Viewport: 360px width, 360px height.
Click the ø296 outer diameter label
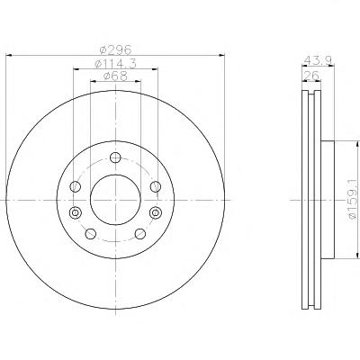[115, 49]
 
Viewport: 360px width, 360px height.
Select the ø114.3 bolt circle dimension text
[115, 64]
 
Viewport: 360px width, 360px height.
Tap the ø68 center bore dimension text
[115, 76]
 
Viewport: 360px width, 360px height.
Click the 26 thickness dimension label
[310, 76]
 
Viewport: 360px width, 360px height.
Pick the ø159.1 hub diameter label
[354, 200]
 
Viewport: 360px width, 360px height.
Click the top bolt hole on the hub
[115, 157]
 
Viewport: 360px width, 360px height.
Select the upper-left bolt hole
[76, 186]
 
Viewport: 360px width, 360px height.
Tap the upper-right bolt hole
[156, 186]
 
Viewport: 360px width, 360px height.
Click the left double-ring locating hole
[76, 212]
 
